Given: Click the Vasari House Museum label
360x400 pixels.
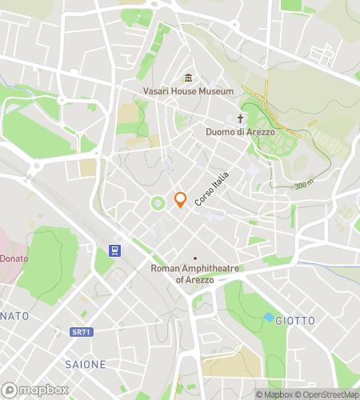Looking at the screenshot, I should tap(189, 91).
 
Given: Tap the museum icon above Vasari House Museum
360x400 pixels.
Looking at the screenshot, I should tap(189, 78).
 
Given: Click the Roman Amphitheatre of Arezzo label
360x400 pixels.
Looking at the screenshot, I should tap(195, 274).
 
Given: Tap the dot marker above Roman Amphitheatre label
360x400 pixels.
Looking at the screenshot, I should tap(195, 258).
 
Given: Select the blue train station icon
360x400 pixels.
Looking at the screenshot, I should tap(113, 249).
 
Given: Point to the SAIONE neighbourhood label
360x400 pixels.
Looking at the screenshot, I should tap(85, 364).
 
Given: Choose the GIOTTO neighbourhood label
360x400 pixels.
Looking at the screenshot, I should tap(294, 321).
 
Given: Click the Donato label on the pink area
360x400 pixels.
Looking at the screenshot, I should tap(13, 258).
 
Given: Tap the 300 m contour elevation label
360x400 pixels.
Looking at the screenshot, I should tap(303, 186).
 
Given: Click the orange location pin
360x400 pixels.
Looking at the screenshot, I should tap(180, 200).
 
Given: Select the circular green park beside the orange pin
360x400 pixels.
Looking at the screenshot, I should tap(158, 203).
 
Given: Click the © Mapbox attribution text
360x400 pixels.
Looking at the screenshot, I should tap(274, 394).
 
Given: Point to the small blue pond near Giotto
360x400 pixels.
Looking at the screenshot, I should tap(268, 317).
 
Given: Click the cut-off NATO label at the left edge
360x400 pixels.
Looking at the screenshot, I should tap(14, 316).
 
